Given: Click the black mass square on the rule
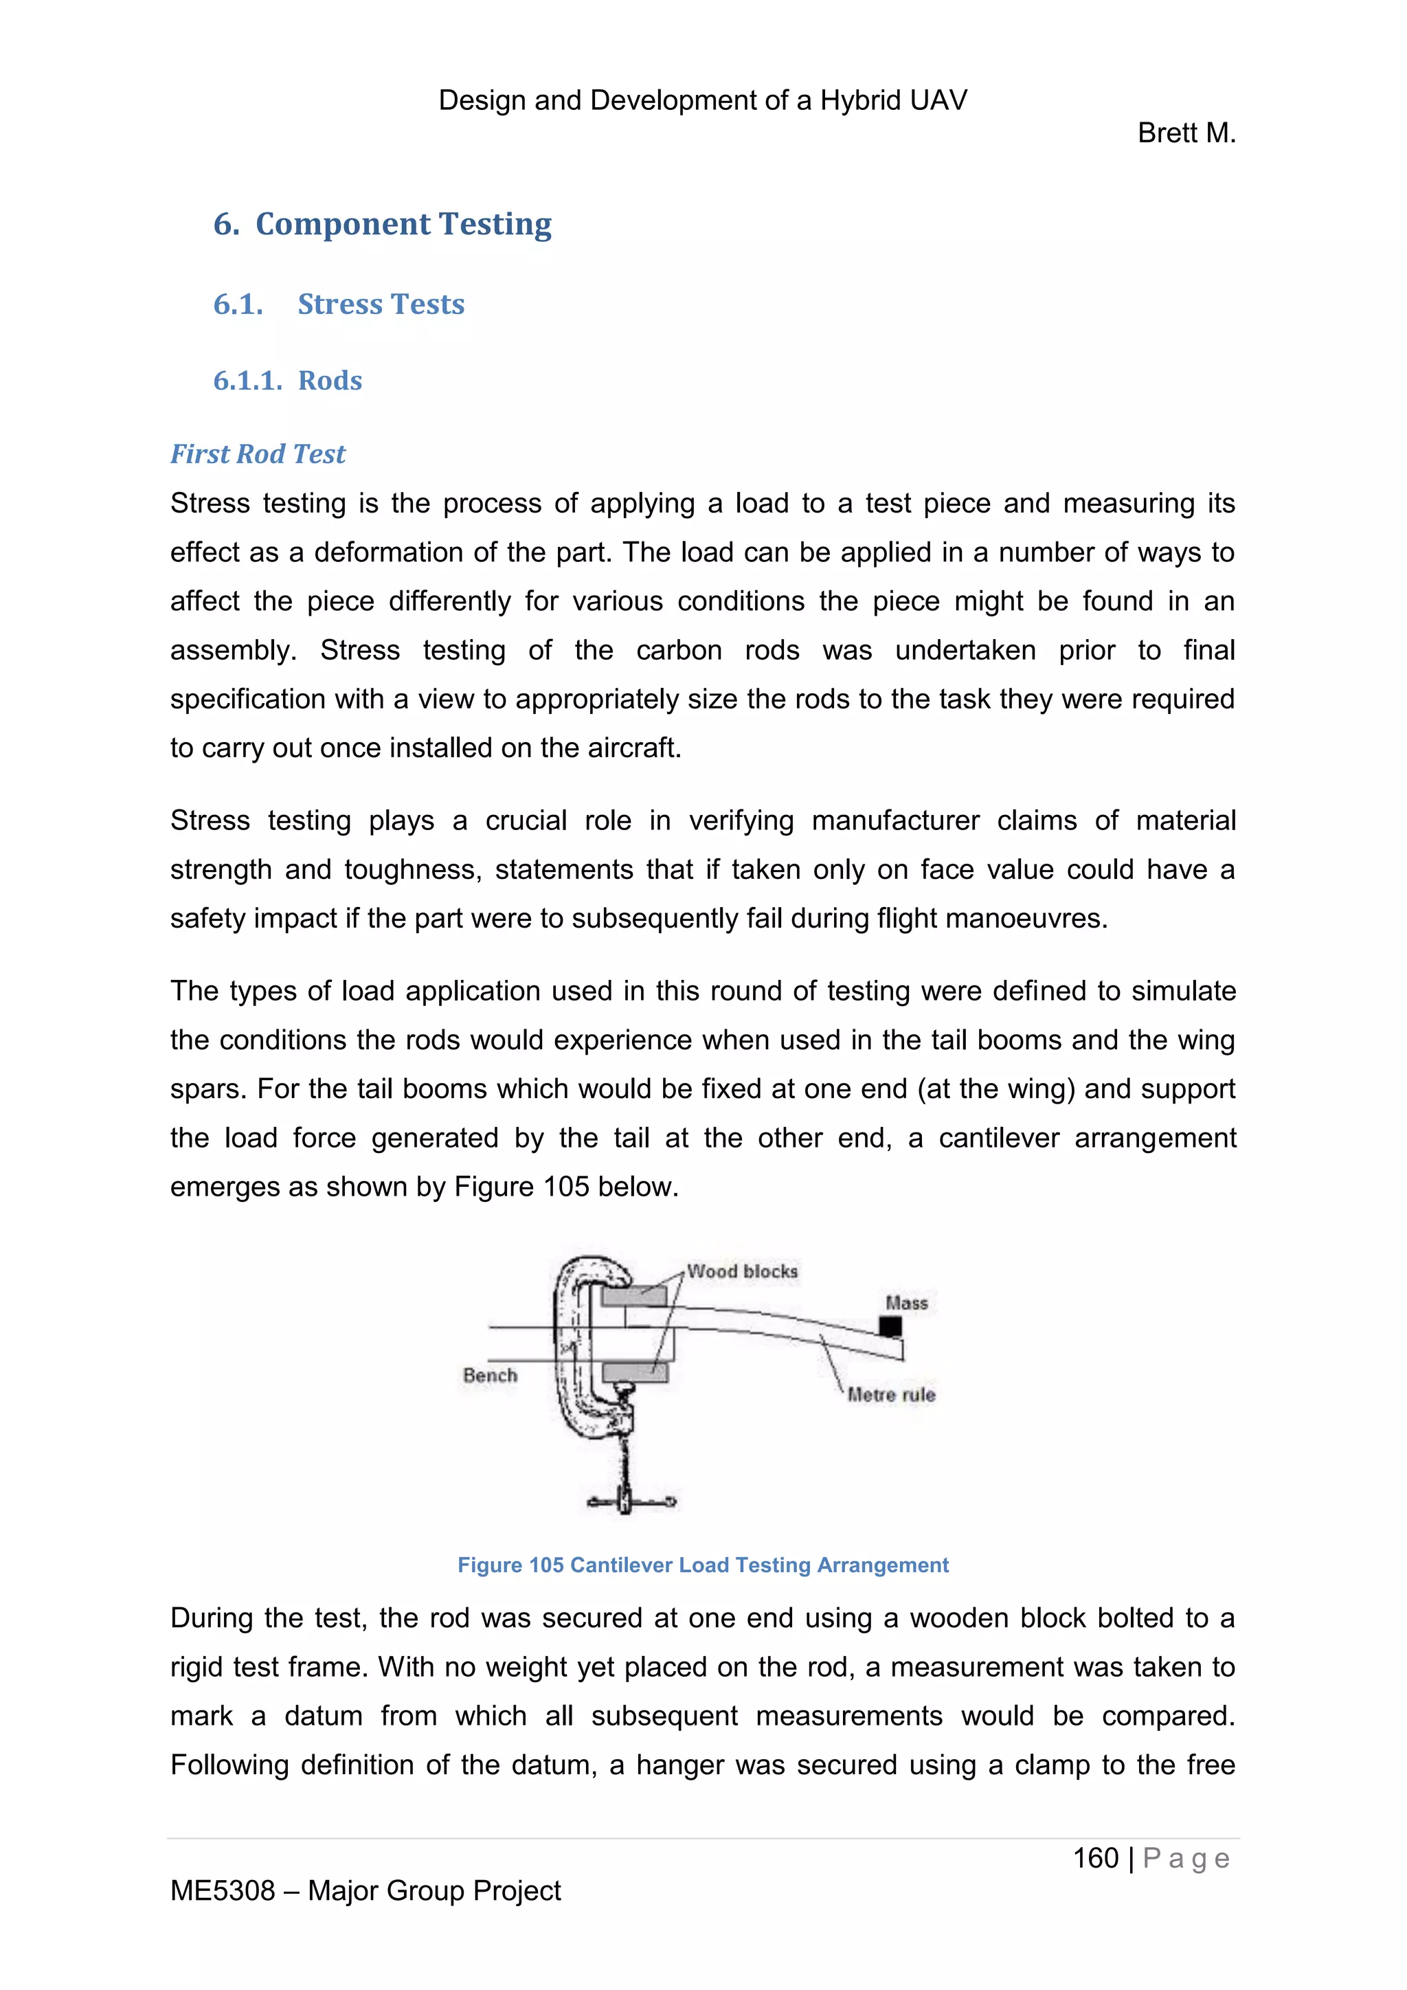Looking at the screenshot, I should point(890,1326).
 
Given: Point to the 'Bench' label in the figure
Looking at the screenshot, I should point(490,1376).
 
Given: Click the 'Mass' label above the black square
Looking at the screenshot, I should point(906,1303).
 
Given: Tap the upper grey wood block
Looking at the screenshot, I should point(634,1297).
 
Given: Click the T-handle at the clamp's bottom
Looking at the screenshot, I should point(630,1502).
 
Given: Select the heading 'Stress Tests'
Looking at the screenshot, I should point(381,304).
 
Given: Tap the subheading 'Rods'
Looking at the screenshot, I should point(330,381).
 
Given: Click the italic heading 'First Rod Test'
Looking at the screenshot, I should point(258,454).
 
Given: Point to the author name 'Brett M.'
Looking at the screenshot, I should point(1186,133).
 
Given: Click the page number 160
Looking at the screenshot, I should point(1096,1858).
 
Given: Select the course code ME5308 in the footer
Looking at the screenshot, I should point(223,1890).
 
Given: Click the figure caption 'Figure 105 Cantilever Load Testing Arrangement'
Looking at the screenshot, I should point(703,1565).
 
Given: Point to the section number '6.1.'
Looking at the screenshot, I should point(238,304).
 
